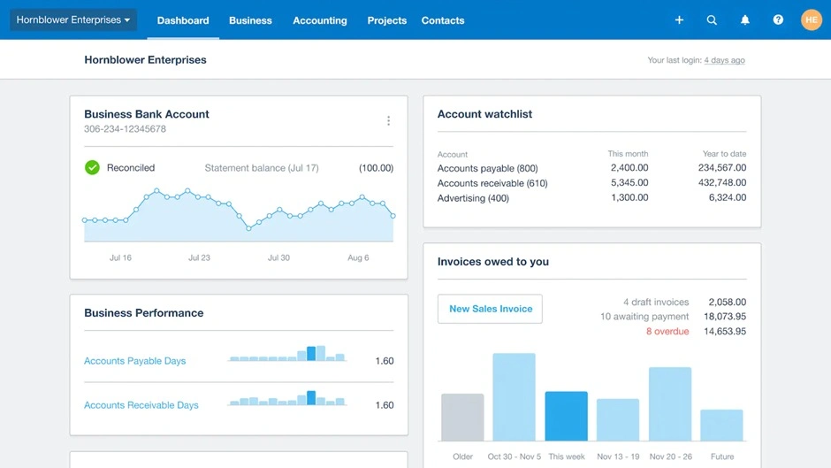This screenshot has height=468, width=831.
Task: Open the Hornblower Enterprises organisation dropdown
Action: tap(73, 19)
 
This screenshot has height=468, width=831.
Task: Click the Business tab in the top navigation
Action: tap(250, 20)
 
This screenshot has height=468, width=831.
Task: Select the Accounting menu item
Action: tap(319, 20)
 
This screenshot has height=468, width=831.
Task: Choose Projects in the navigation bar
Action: tap(386, 20)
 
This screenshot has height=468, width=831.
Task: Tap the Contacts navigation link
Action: tap(443, 20)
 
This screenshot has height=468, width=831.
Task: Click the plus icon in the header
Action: tap(679, 19)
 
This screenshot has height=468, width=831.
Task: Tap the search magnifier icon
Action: tap(712, 19)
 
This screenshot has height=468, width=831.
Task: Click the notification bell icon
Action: tap(745, 19)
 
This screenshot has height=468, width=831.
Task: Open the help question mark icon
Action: tap(778, 19)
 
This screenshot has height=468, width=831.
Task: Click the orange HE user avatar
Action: tap(811, 19)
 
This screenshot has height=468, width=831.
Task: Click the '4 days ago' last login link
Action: tap(724, 61)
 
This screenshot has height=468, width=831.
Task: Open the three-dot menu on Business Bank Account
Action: tap(388, 121)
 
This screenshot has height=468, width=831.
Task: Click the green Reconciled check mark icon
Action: tap(92, 167)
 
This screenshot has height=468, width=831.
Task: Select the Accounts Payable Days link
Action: tap(134, 361)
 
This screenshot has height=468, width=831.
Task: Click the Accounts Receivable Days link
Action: tap(141, 405)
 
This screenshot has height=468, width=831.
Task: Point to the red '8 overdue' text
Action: tap(667, 332)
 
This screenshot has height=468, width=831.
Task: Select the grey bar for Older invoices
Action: tap(462, 418)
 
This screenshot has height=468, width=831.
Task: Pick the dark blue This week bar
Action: tap(566, 416)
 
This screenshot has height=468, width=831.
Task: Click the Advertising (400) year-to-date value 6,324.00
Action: tap(727, 198)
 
